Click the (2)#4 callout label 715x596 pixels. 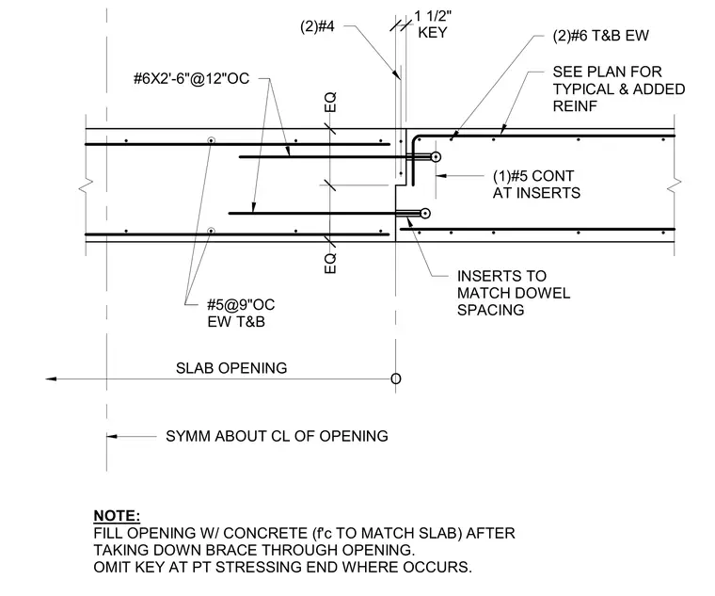tap(317, 26)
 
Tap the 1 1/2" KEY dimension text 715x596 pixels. tap(433, 24)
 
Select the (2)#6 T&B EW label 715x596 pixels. tap(600, 36)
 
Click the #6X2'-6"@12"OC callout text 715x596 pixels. tap(192, 78)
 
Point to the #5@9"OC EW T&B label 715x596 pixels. tap(241, 313)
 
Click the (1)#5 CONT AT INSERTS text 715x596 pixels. tap(536, 185)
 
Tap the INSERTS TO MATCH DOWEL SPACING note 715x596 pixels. tap(514, 293)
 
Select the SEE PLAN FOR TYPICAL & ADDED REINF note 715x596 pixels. tap(619, 89)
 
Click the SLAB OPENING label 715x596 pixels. tap(231, 368)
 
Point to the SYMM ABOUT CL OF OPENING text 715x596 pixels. tap(277, 436)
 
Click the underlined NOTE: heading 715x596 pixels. tap(117, 516)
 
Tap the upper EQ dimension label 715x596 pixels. tap(330, 102)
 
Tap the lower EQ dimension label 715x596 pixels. tap(330, 264)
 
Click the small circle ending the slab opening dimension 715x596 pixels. tap(396, 379)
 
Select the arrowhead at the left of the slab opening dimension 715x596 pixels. tap(51, 379)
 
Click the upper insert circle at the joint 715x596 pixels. tap(436, 157)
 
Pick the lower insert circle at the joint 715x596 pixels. tap(425, 213)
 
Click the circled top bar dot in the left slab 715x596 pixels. tap(211, 140)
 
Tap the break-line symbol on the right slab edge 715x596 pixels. tap(674, 182)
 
